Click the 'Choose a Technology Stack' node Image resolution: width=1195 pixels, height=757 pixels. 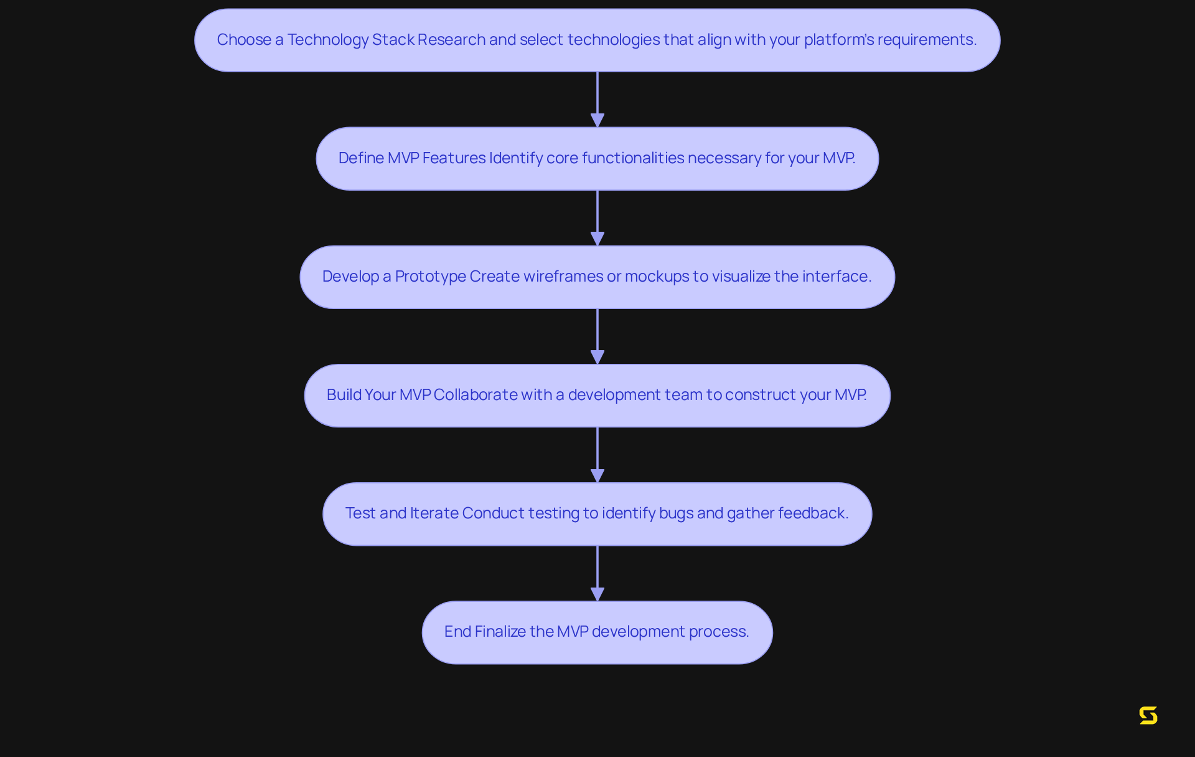pyautogui.click(x=597, y=40)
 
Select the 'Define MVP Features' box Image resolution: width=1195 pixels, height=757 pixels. pyautogui.click(x=597, y=158)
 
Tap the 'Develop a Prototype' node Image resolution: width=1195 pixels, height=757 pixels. pyautogui.click(x=597, y=277)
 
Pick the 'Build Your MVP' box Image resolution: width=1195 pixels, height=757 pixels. pyautogui.click(x=597, y=395)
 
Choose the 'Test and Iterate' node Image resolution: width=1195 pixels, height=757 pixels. pyautogui.click(x=597, y=513)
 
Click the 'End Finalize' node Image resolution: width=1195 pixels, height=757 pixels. pyautogui.click(x=597, y=632)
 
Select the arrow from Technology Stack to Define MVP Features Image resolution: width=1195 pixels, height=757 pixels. pyautogui.click(x=597, y=98)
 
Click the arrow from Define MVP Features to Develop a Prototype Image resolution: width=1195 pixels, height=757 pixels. pyautogui.click(x=597, y=217)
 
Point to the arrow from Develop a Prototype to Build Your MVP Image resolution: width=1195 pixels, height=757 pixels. pyautogui.click(x=597, y=335)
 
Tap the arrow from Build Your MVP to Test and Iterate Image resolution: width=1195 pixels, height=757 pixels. pyautogui.click(x=597, y=454)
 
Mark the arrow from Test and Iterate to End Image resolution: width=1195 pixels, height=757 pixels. pyautogui.click(x=597, y=572)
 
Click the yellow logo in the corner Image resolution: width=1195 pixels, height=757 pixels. pyautogui.click(x=1148, y=715)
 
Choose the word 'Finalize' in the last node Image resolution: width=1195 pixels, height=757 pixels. pyautogui.click(x=500, y=632)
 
